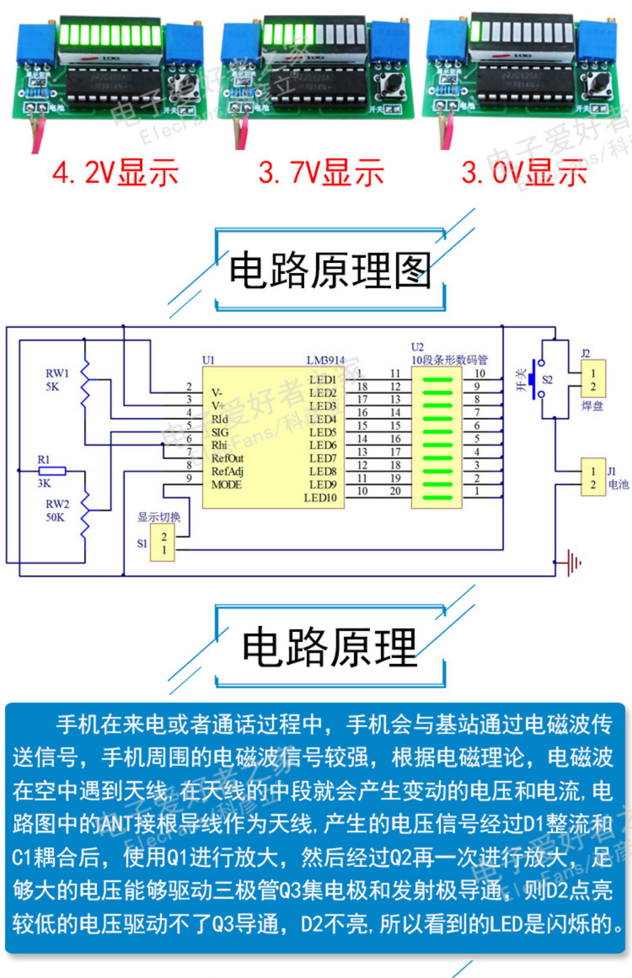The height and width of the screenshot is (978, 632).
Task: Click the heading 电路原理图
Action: click(330, 270)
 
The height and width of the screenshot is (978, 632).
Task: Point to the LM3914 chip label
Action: click(325, 360)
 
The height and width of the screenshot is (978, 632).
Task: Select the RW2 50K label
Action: click(56, 510)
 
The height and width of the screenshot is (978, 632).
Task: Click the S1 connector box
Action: click(163, 543)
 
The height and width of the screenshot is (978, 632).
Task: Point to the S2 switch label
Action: click(547, 380)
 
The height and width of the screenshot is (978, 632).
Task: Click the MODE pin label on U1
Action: click(226, 485)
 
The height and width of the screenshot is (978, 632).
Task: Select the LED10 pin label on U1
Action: click(320, 498)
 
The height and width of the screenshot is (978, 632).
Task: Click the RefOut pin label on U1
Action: click(228, 458)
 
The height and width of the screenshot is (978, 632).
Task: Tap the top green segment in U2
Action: click(437, 379)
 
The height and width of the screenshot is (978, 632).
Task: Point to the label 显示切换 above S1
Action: click(159, 517)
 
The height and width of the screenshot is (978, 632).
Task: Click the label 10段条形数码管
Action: click(449, 360)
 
